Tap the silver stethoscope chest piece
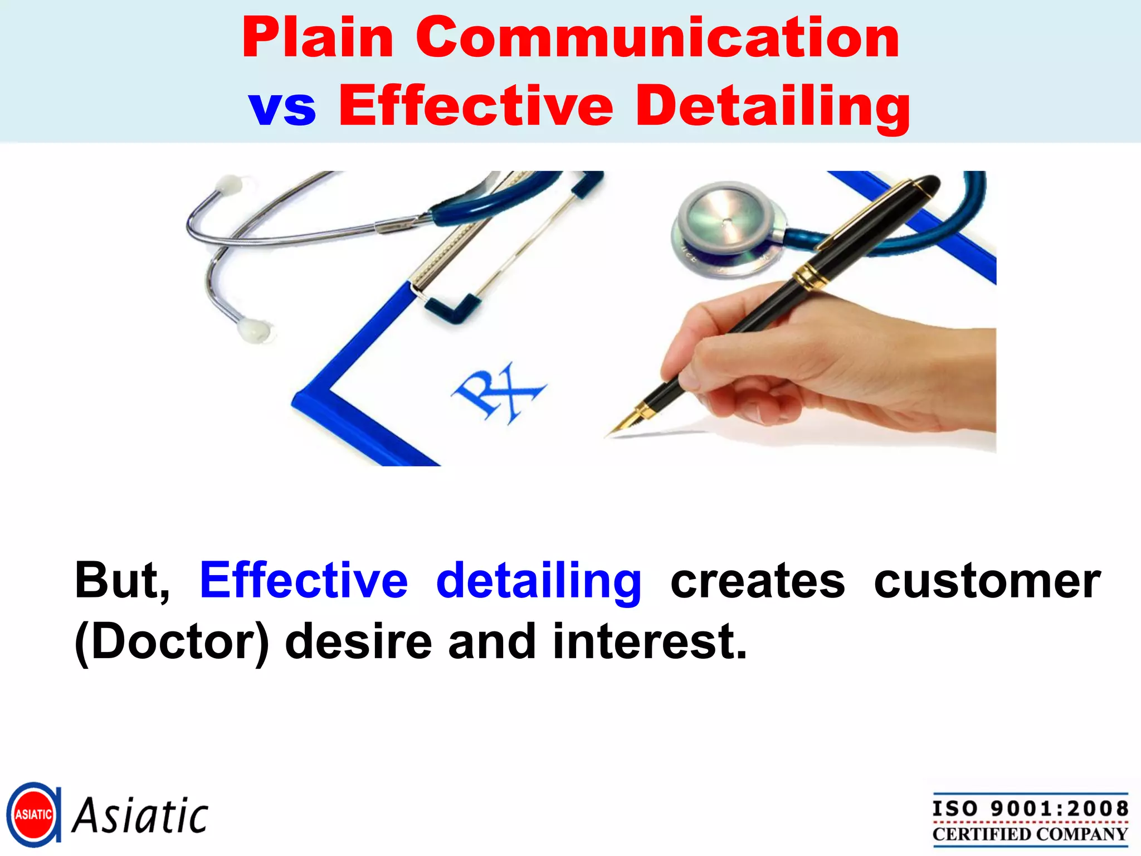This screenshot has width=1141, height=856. pyautogui.click(x=724, y=223)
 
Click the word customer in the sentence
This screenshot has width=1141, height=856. pyautogui.click(x=987, y=581)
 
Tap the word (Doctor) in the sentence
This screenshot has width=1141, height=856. pyautogui.click(x=172, y=642)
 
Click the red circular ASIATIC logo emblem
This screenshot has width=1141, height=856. pyautogui.click(x=33, y=814)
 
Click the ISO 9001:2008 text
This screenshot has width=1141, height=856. pyautogui.click(x=1030, y=808)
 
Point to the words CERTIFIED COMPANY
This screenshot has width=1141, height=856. pyautogui.click(x=1030, y=834)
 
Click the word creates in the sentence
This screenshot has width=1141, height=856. pyautogui.click(x=757, y=581)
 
